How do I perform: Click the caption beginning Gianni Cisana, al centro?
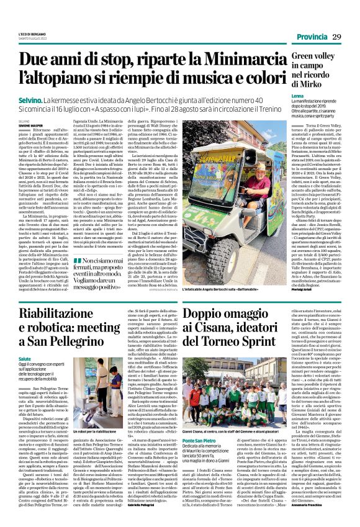pyautogui.click(x=235, y=431)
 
